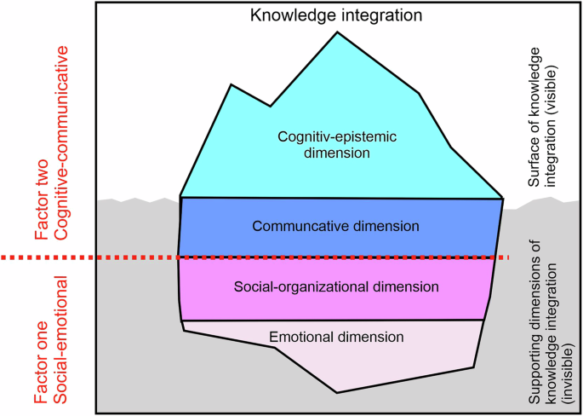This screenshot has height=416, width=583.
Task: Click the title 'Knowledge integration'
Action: tap(338, 14)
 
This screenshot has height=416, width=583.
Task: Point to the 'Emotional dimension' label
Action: tap(336, 337)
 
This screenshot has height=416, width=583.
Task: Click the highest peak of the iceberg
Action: tap(337, 32)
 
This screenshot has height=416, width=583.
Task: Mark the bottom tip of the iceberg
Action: tap(338, 392)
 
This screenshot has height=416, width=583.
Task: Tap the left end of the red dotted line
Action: tap(3, 257)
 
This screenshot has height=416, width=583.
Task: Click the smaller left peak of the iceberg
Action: tap(232, 84)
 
